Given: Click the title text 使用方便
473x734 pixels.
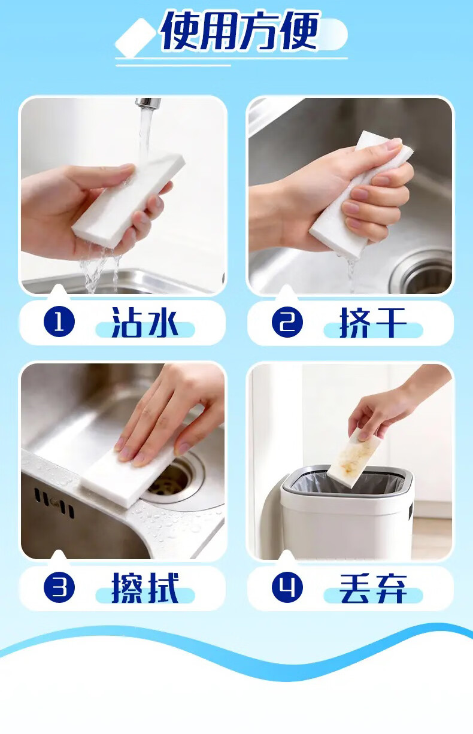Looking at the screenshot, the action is click(x=239, y=31).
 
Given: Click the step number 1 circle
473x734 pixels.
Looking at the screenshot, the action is click(x=59, y=321).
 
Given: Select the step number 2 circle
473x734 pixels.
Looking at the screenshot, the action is click(x=287, y=321).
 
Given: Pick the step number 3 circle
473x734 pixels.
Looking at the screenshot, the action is click(x=59, y=587).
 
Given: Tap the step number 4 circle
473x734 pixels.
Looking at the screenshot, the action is click(x=287, y=587).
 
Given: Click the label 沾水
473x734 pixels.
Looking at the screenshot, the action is click(x=144, y=323).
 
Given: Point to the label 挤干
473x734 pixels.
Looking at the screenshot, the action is click(x=372, y=323).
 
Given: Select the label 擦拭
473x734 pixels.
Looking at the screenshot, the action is click(x=145, y=588).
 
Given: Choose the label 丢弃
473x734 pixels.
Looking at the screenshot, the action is click(x=373, y=588).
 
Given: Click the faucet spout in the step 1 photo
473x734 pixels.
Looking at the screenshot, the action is click(x=148, y=103).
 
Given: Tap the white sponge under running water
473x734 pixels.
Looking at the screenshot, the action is click(x=129, y=200).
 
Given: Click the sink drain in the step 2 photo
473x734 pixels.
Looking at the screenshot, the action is click(x=423, y=274).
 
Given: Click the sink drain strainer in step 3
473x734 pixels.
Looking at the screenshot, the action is click(x=171, y=482).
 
